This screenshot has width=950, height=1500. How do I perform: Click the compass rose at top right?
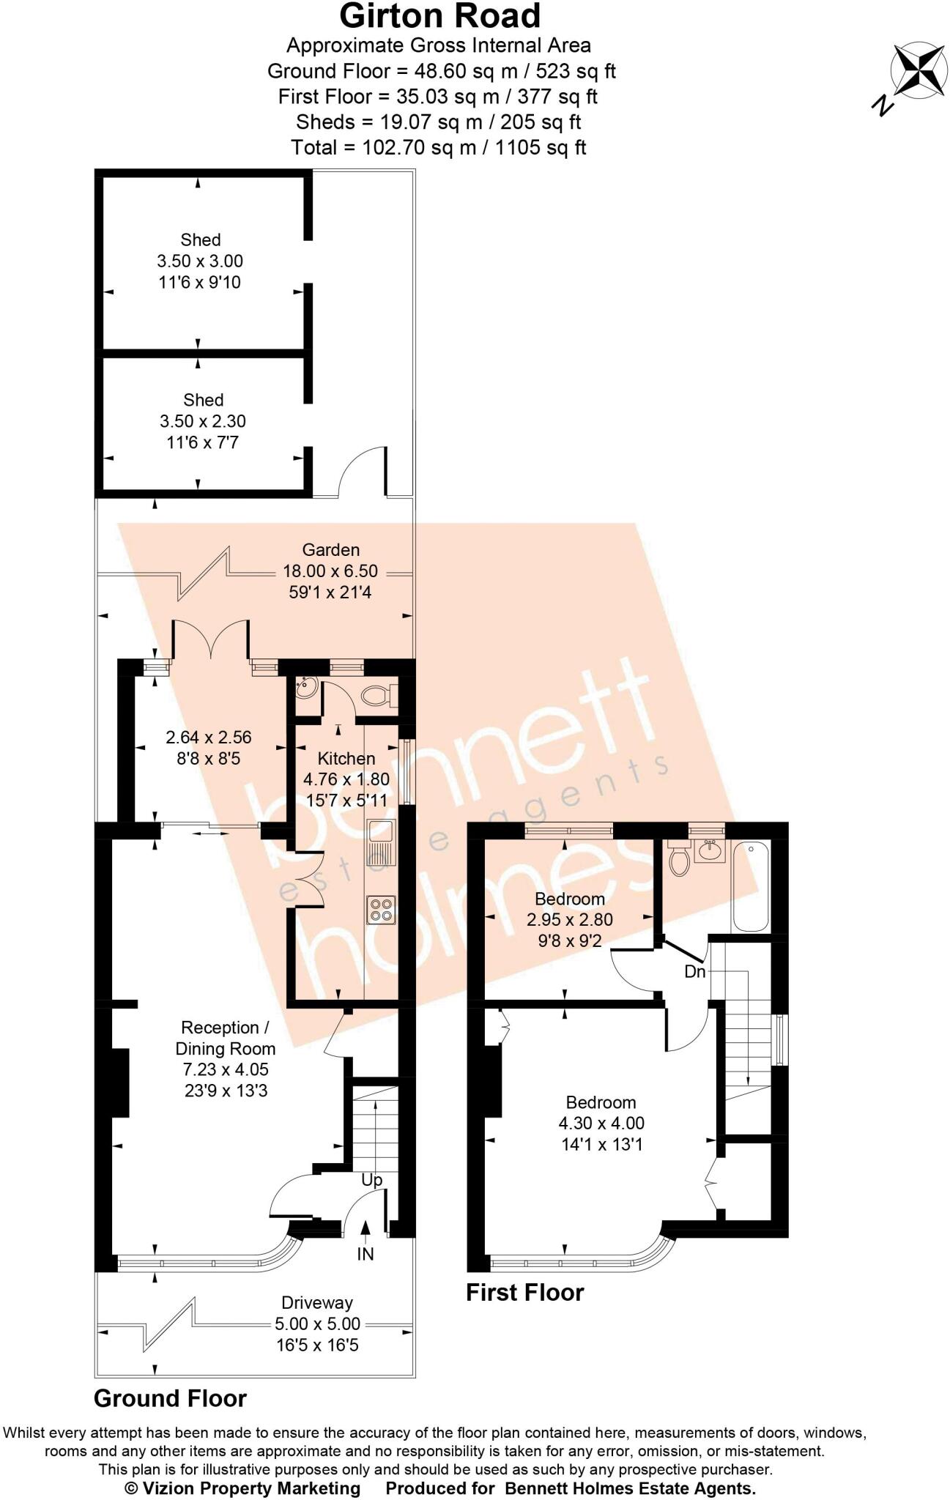coord(919,70)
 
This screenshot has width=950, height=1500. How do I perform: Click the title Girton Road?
coord(440,15)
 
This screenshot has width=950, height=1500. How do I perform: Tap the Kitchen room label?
coord(346,759)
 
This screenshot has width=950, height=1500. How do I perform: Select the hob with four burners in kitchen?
coord(382,910)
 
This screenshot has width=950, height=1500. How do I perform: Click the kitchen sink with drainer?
coord(382,842)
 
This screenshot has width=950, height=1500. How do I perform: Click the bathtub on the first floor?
coord(751,886)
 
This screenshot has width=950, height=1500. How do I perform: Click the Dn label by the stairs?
coord(694,972)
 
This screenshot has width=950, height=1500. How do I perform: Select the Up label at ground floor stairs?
coord(372,1180)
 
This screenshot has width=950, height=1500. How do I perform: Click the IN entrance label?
coord(365,1254)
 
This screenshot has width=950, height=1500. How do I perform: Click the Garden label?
coord(331,550)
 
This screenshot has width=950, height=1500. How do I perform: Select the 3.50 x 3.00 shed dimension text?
coord(200,261)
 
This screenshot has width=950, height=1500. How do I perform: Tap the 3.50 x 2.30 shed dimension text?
coord(203,421)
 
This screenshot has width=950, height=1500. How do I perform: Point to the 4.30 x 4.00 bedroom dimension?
coord(601,1123)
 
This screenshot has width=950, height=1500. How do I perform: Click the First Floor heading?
coord(524,1292)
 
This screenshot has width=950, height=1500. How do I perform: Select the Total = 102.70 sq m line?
coord(439,147)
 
